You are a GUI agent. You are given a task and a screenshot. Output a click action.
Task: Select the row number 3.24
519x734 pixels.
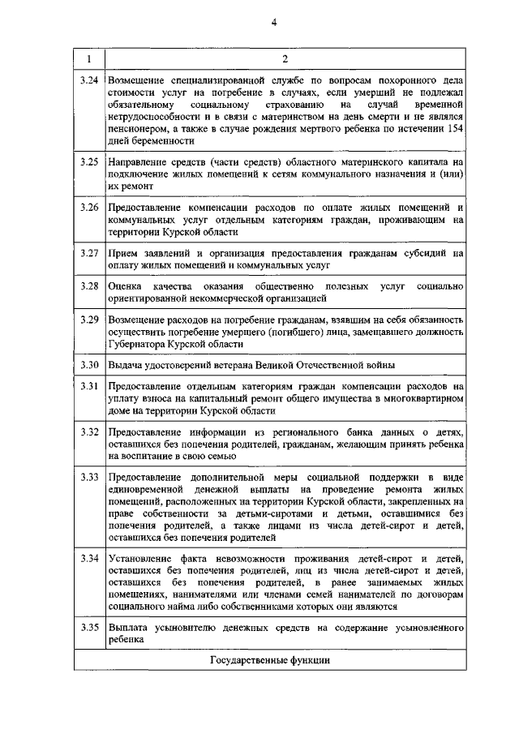click(89, 82)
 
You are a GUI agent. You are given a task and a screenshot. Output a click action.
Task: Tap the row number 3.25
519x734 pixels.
click(89, 163)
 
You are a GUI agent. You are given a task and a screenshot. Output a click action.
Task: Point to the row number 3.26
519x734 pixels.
click(89, 208)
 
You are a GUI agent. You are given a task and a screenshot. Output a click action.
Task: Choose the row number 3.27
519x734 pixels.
click(89, 253)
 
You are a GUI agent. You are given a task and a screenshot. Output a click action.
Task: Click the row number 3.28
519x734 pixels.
click(89, 286)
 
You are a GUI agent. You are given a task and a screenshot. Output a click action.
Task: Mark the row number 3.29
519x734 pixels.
click(89, 320)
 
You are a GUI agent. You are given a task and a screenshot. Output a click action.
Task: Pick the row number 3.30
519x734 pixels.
click(89, 364)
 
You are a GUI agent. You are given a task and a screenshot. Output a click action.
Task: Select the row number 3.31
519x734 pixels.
click(89, 387)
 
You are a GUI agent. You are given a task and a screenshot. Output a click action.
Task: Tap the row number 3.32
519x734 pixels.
click(89, 432)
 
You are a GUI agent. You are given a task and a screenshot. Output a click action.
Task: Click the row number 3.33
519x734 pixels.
click(89, 477)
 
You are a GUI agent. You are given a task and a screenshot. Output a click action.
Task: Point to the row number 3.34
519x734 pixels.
click(89, 558)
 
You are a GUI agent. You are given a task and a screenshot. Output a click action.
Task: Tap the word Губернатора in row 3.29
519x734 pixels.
click(140, 344)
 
